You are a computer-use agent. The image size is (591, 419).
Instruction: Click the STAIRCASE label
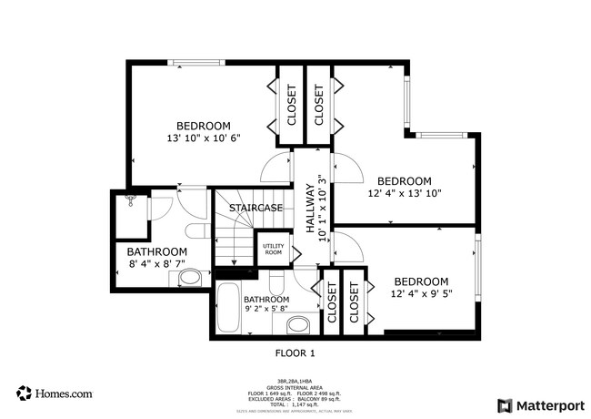pyautogui.click(x=255, y=208)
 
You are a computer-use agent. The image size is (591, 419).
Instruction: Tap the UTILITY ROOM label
pyautogui.click(x=273, y=249)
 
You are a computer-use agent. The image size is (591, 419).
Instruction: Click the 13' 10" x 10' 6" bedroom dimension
pyautogui.click(x=203, y=139)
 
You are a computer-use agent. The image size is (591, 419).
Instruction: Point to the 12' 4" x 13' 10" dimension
pyautogui.click(x=405, y=194)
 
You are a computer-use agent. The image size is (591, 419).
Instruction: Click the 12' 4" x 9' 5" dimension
pyautogui.click(x=422, y=293)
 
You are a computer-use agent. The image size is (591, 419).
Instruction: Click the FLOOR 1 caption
pyautogui.click(x=295, y=352)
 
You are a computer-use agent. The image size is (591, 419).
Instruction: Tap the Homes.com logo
pyautogui.click(x=55, y=393)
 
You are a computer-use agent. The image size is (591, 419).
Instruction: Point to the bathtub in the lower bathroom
pyautogui.click(x=227, y=312)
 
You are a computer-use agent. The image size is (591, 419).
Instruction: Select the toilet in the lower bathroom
pyautogui.click(x=298, y=324)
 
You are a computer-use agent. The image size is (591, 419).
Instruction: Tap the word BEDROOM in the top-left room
pyautogui.click(x=203, y=126)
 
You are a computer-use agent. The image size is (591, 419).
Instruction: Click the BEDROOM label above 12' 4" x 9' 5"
pyautogui.click(x=422, y=281)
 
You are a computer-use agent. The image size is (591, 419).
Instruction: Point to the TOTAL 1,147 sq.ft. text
pyautogui.click(x=295, y=403)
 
